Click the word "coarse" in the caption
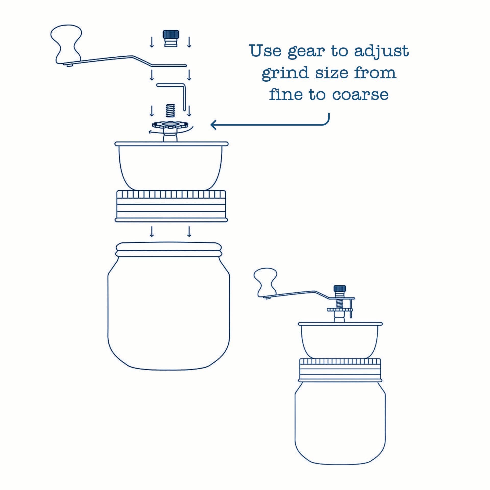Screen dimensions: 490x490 tap(361, 95)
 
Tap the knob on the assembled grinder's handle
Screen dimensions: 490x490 tap(265, 282)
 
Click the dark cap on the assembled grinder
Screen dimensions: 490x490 tap(340, 289)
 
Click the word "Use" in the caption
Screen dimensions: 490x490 tap(266, 51)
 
